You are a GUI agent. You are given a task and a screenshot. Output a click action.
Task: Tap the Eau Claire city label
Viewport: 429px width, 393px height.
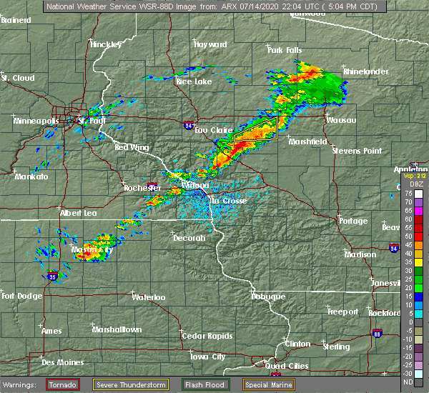tap(212, 130)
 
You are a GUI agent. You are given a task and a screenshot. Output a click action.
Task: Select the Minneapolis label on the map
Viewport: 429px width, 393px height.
tap(36, 121)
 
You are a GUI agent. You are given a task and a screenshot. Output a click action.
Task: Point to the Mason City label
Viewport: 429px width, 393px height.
tap(92, 250)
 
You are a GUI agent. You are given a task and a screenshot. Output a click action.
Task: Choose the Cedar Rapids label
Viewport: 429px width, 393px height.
tap(202, 336)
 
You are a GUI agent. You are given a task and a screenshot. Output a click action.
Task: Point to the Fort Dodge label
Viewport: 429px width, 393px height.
tap(18, 296)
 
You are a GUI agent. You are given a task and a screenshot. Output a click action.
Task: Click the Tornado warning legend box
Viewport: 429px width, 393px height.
tap(64, 385)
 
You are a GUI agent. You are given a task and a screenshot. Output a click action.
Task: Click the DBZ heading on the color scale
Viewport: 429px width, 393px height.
tap(408, 184)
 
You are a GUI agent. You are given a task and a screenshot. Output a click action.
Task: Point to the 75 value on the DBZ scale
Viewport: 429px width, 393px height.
tap(408, 193)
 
